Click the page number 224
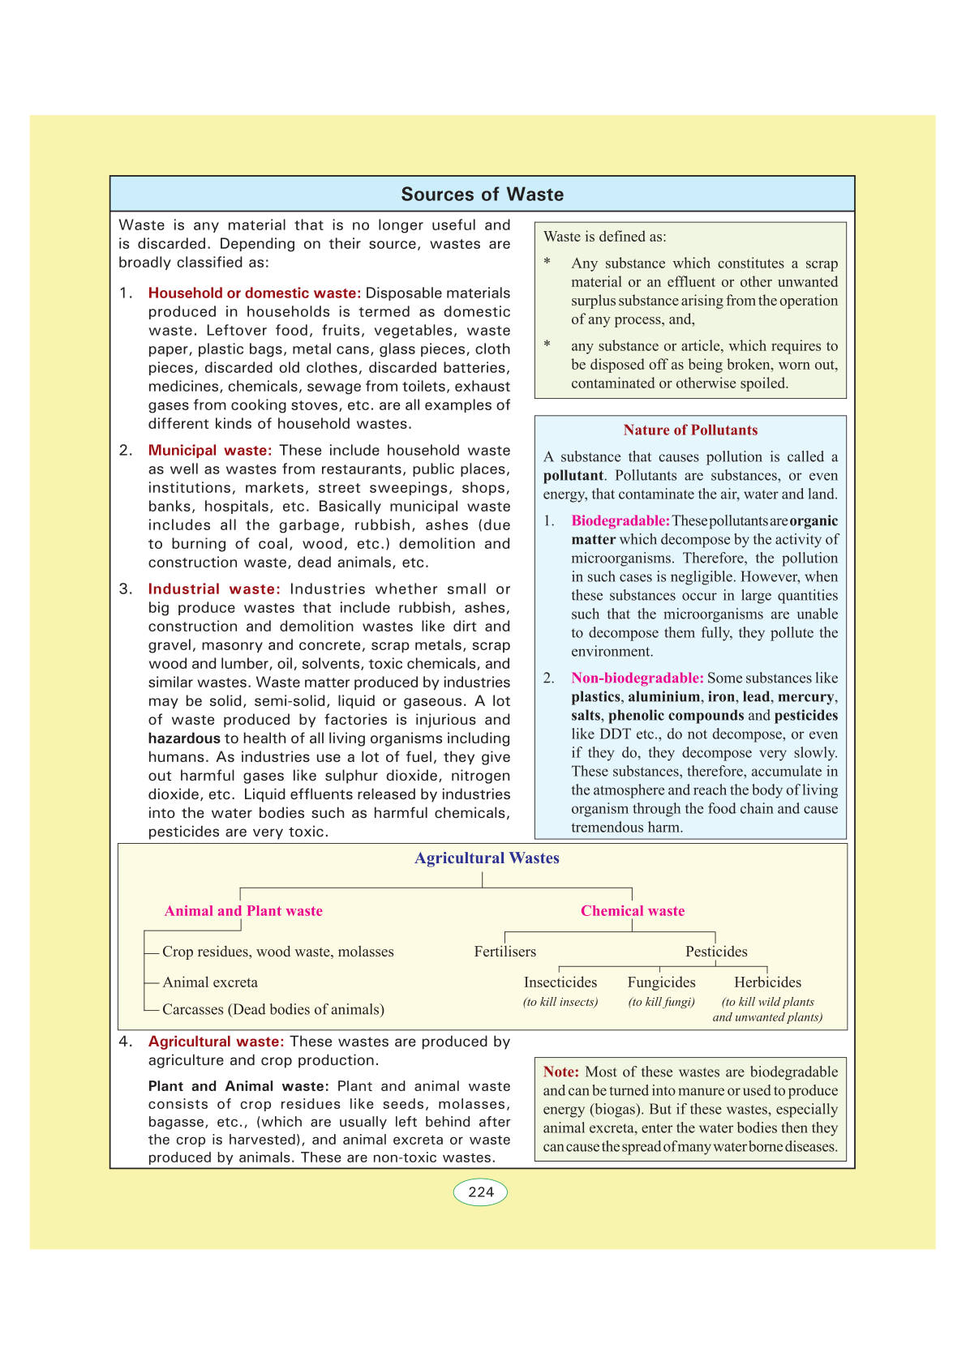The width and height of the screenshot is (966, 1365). [x=481, y=1192]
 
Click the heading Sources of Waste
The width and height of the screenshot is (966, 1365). [x=482, y=195]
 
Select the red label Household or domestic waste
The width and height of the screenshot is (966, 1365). [x=254, y=293]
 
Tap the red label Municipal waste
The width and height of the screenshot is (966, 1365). [x=209, y=451]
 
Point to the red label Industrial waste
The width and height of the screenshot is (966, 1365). [x=213, y=589]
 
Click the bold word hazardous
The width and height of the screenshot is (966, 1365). [x=184, y=738]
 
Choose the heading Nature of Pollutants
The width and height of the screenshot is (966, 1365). [x=690, y=430]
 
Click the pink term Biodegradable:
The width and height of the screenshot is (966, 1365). [x=620, y=521]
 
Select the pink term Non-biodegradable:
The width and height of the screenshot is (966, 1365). [x=638, y=678]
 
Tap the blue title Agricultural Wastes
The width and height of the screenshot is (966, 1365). [x=487, y=858]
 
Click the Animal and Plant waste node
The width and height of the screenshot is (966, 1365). [x=243, y=911]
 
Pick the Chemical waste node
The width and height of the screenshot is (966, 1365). [x=633, y=911]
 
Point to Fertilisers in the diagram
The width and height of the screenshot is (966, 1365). [x=505, y=952]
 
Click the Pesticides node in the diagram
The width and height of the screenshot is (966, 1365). [x=716, y=952]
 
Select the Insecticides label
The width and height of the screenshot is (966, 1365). [x=560, y=982]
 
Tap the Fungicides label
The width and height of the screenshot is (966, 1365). [x=661, y=982]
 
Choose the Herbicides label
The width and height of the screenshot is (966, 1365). [x=767, y=982]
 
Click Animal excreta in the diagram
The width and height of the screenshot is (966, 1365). [x=210, y=982]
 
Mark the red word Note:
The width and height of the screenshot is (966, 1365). [x=561, y=1072]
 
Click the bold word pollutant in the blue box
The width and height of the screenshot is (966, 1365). [x=573, y=476]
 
